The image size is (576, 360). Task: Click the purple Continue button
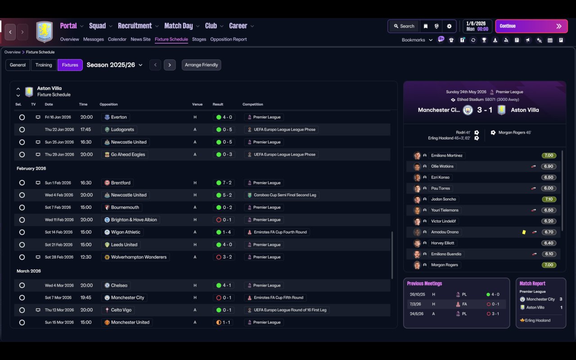(x=531, y=26)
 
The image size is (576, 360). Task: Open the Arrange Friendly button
(x=201, y=65)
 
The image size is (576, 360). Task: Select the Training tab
(x=44, y=65)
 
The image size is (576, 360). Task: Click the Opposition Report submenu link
(x=228, y=39)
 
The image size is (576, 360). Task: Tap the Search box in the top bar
(x=404, y=26)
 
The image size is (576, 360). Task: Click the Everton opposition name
(x=119, y=117)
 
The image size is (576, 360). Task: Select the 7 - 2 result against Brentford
(x=224, y=183)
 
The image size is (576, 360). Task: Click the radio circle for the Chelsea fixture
(x=22, y=285)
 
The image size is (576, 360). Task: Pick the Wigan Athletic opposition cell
(x=123, y=232)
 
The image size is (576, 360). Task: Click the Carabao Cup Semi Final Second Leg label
(x=285, y=195)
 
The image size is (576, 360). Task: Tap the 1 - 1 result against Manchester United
(x=223, y=323)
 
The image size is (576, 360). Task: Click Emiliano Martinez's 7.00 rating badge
(x=549, y=155)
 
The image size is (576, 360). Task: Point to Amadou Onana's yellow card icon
(x=524, y=232)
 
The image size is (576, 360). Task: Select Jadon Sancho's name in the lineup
(x=443, y=199)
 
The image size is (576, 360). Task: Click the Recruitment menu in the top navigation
(x=135, y=26)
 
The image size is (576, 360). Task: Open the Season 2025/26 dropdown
(x=114, y=65)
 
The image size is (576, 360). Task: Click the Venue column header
(x=197, y=104)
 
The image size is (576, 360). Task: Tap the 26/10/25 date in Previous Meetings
(x=417, y=294)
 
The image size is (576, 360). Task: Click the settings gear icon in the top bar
(x=449, y=26)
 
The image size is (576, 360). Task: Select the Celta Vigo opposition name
(x=121, y=310)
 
